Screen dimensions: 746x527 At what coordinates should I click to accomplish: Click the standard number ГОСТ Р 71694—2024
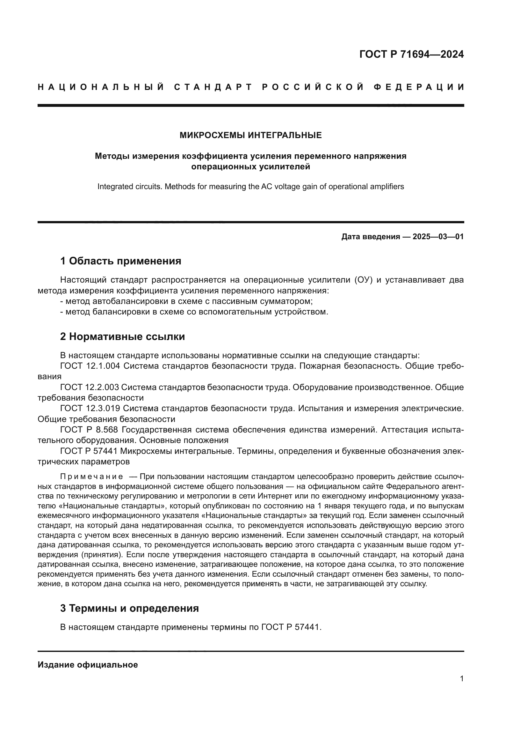[411, 54]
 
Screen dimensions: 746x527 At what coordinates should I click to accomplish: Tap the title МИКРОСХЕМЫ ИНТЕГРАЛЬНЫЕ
[250, 135]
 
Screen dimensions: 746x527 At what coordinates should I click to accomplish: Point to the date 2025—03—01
[438, 237]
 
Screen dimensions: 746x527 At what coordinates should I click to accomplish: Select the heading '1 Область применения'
[121, 261]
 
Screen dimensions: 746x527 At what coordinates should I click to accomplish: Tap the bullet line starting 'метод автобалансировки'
[186, 301]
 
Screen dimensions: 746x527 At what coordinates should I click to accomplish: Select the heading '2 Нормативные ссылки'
[122, 336]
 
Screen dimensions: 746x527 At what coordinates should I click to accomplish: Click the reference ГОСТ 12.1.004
[90, 366]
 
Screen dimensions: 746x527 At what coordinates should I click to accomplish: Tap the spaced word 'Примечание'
[91, 476]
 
